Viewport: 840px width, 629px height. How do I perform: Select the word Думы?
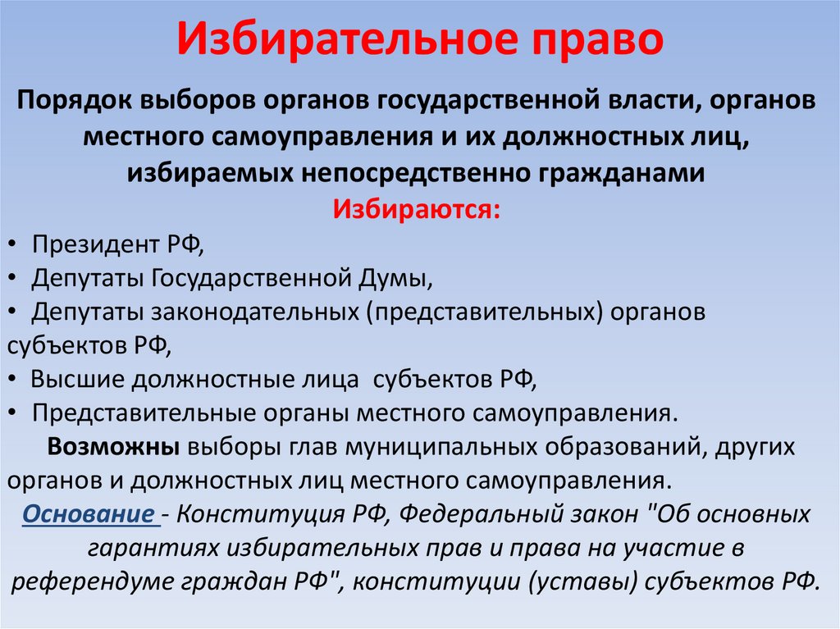coord(397,278)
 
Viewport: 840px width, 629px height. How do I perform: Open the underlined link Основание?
coord(89,516)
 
